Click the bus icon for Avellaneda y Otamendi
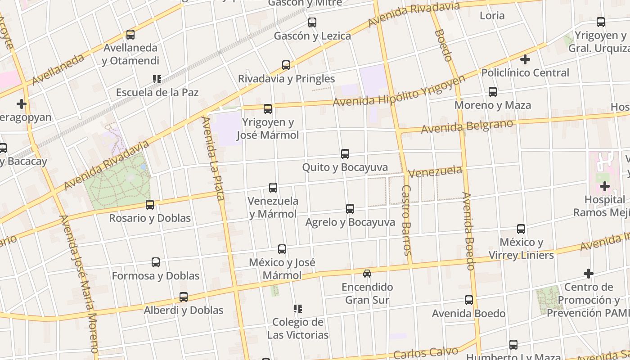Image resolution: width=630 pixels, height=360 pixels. coord(130,35)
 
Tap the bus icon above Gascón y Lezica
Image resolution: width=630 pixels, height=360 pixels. coord(312,22)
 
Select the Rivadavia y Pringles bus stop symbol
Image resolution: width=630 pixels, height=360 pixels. coord(286,65)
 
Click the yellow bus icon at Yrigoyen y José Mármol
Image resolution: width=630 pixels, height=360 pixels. coord(268,108)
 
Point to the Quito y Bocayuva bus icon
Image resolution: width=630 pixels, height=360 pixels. coord(345,154)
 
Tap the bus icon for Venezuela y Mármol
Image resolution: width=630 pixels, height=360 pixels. coord(273,188)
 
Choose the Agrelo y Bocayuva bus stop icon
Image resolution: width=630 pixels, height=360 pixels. coord(350,209)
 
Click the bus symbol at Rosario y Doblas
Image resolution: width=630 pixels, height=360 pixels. coord(150,205)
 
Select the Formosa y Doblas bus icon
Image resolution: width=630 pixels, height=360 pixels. coord(156,262)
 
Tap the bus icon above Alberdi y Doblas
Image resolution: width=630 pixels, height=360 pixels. coord(184,297)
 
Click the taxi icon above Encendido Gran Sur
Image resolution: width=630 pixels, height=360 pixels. coord(367,273)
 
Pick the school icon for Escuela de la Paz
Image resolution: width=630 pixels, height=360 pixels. coord(157,79)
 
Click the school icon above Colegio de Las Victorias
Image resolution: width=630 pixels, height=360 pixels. coord(297,309)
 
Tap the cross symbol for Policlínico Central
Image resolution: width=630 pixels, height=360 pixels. coord(525,59)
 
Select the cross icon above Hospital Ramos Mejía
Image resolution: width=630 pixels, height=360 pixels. coord(605,186)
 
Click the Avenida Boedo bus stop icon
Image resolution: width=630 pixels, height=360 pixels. coord(469,300)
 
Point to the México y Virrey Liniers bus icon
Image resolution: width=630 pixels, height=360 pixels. coord(521,229)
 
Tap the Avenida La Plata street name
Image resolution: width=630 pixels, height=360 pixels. coord(213,158)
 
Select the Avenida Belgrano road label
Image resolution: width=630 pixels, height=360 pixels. coord(467,126)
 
